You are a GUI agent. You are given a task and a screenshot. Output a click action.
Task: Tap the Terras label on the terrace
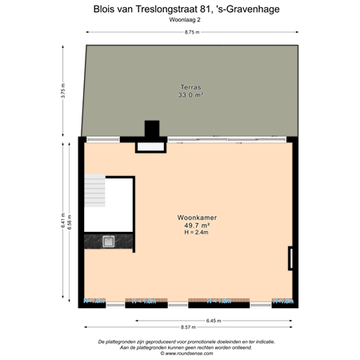tap(190, 86)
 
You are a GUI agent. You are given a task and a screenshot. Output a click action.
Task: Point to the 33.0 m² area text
tap(190, 94)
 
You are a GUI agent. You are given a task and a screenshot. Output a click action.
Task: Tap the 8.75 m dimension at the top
tap(191, 32)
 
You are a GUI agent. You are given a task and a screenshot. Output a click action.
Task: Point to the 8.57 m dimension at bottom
tap(188, 327)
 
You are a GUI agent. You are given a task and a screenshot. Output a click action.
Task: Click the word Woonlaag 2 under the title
tap(186, 20)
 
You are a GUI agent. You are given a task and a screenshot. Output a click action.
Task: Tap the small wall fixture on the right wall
tap(292, 258)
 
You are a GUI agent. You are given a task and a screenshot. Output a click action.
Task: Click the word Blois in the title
tap(104, 9)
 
